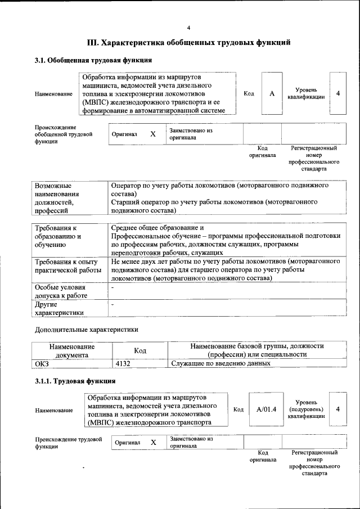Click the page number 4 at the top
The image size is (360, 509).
188,28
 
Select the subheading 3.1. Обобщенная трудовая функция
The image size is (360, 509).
93,60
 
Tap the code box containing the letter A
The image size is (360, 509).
272,93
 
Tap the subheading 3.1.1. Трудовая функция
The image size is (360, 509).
75,381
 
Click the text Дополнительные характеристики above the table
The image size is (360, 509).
86,330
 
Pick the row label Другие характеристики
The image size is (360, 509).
59,308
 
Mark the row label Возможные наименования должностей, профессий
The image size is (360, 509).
61,198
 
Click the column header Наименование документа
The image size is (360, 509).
71,352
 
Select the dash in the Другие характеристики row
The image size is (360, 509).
113,304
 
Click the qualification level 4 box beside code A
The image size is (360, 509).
337,93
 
